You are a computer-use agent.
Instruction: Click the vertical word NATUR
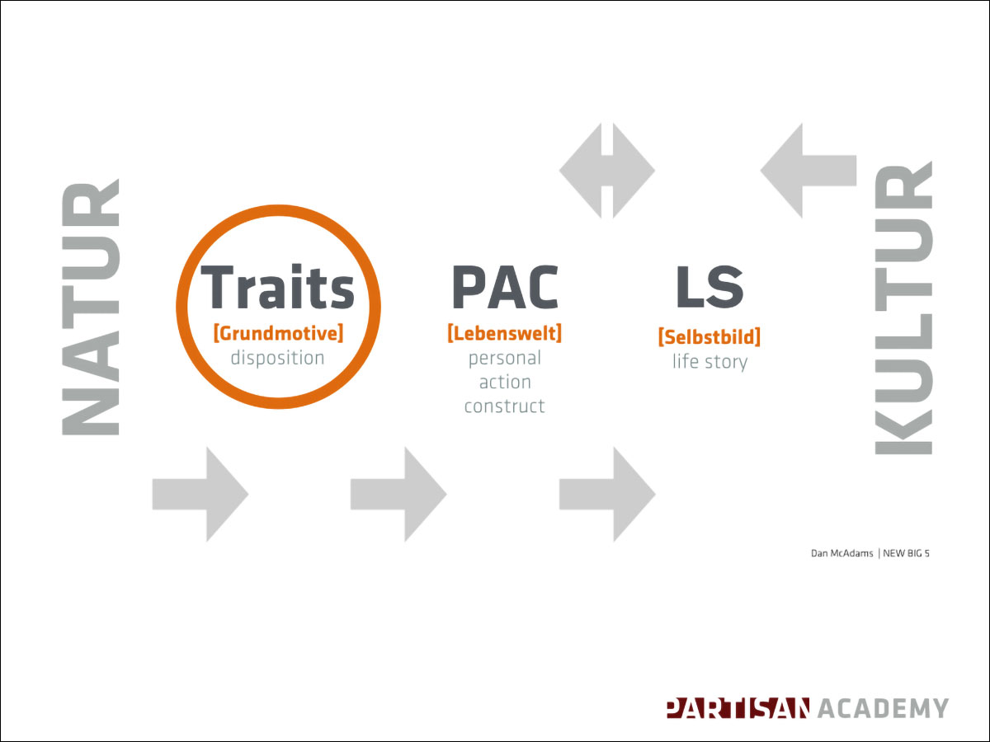pos(90,308)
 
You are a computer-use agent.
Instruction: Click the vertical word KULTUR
pos(903,308)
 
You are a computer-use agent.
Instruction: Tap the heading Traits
pos(277,287)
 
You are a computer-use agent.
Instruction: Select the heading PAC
pos(505,287)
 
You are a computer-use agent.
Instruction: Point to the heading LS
pos(709,287)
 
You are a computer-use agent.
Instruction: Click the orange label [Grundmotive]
pos(278,333)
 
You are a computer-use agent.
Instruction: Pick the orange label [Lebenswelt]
pos(505,333)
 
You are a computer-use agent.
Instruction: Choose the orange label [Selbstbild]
pos(709,337)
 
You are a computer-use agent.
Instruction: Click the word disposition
pos(277,358)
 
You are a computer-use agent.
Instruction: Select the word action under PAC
pos(505,383)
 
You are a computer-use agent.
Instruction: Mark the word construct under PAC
pos(505,406)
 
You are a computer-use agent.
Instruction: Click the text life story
pos(709,362)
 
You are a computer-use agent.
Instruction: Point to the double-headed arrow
pos(607,171)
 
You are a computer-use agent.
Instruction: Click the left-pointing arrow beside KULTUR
pos(808,171)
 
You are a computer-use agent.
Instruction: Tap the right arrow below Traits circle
pos(200,494)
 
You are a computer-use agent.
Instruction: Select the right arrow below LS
pos(607,494)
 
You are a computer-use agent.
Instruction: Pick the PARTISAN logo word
pos(738,707)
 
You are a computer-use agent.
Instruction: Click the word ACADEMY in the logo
pos(884,707)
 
